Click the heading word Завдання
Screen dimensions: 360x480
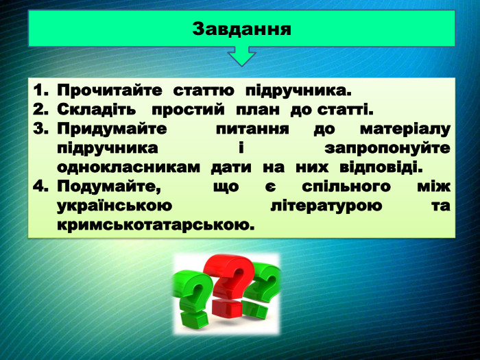click(x=241, y=29)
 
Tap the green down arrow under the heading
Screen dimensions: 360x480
click(x=241, y=56)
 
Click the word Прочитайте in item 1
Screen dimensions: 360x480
click(x=110, y=91)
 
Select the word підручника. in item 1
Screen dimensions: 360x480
click(x=298, y=91)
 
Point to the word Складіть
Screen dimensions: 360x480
click(x=97, y=109)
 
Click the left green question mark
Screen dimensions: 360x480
click(x=193, y=298)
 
